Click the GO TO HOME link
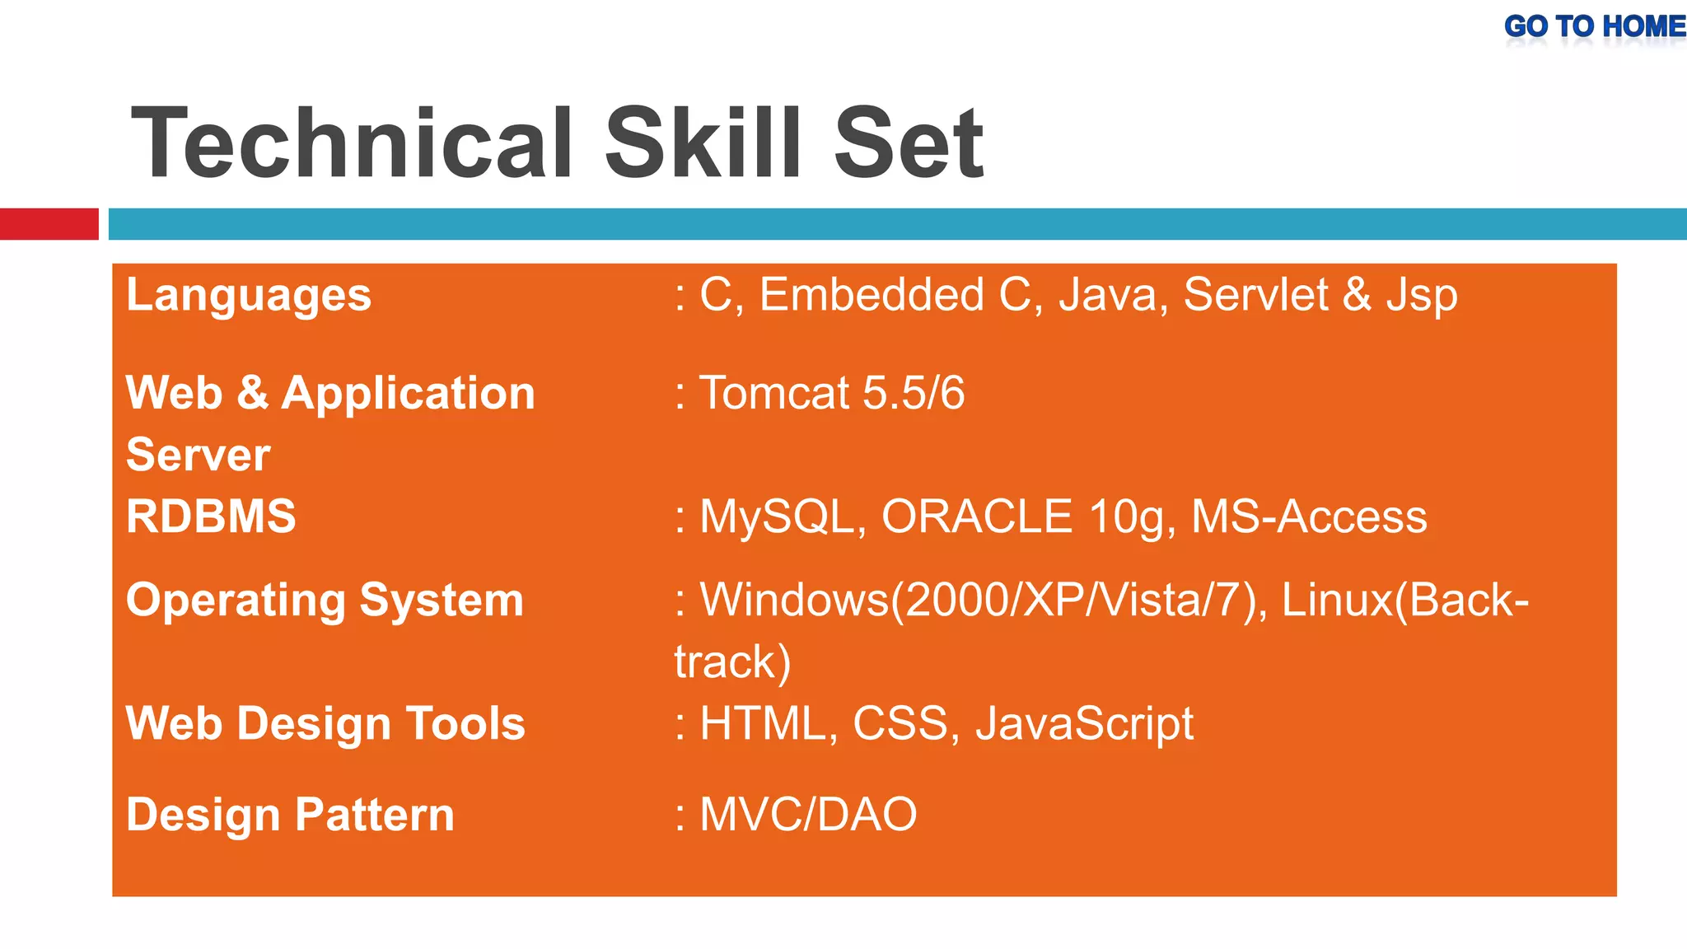(x=1594, y=27)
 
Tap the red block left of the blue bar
(x=49, y=224)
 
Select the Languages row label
(x=249, y=296)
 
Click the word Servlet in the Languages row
(x=1255, y=295)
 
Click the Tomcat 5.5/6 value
(x=831, y=393)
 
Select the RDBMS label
(x=211, y=517)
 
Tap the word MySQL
(x=778, y=517)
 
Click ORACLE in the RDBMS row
(x=977, y=517)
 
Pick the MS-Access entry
(x=1309, y=517)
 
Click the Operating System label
(x=325, y=600)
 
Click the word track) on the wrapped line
(x=732, y=661)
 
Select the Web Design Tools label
(x=325, y=724)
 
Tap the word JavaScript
(x=1084, y=724)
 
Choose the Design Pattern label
(x=290, y=815)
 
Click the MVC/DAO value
(x=807, y=815)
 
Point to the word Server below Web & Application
(x=198, y=455)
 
